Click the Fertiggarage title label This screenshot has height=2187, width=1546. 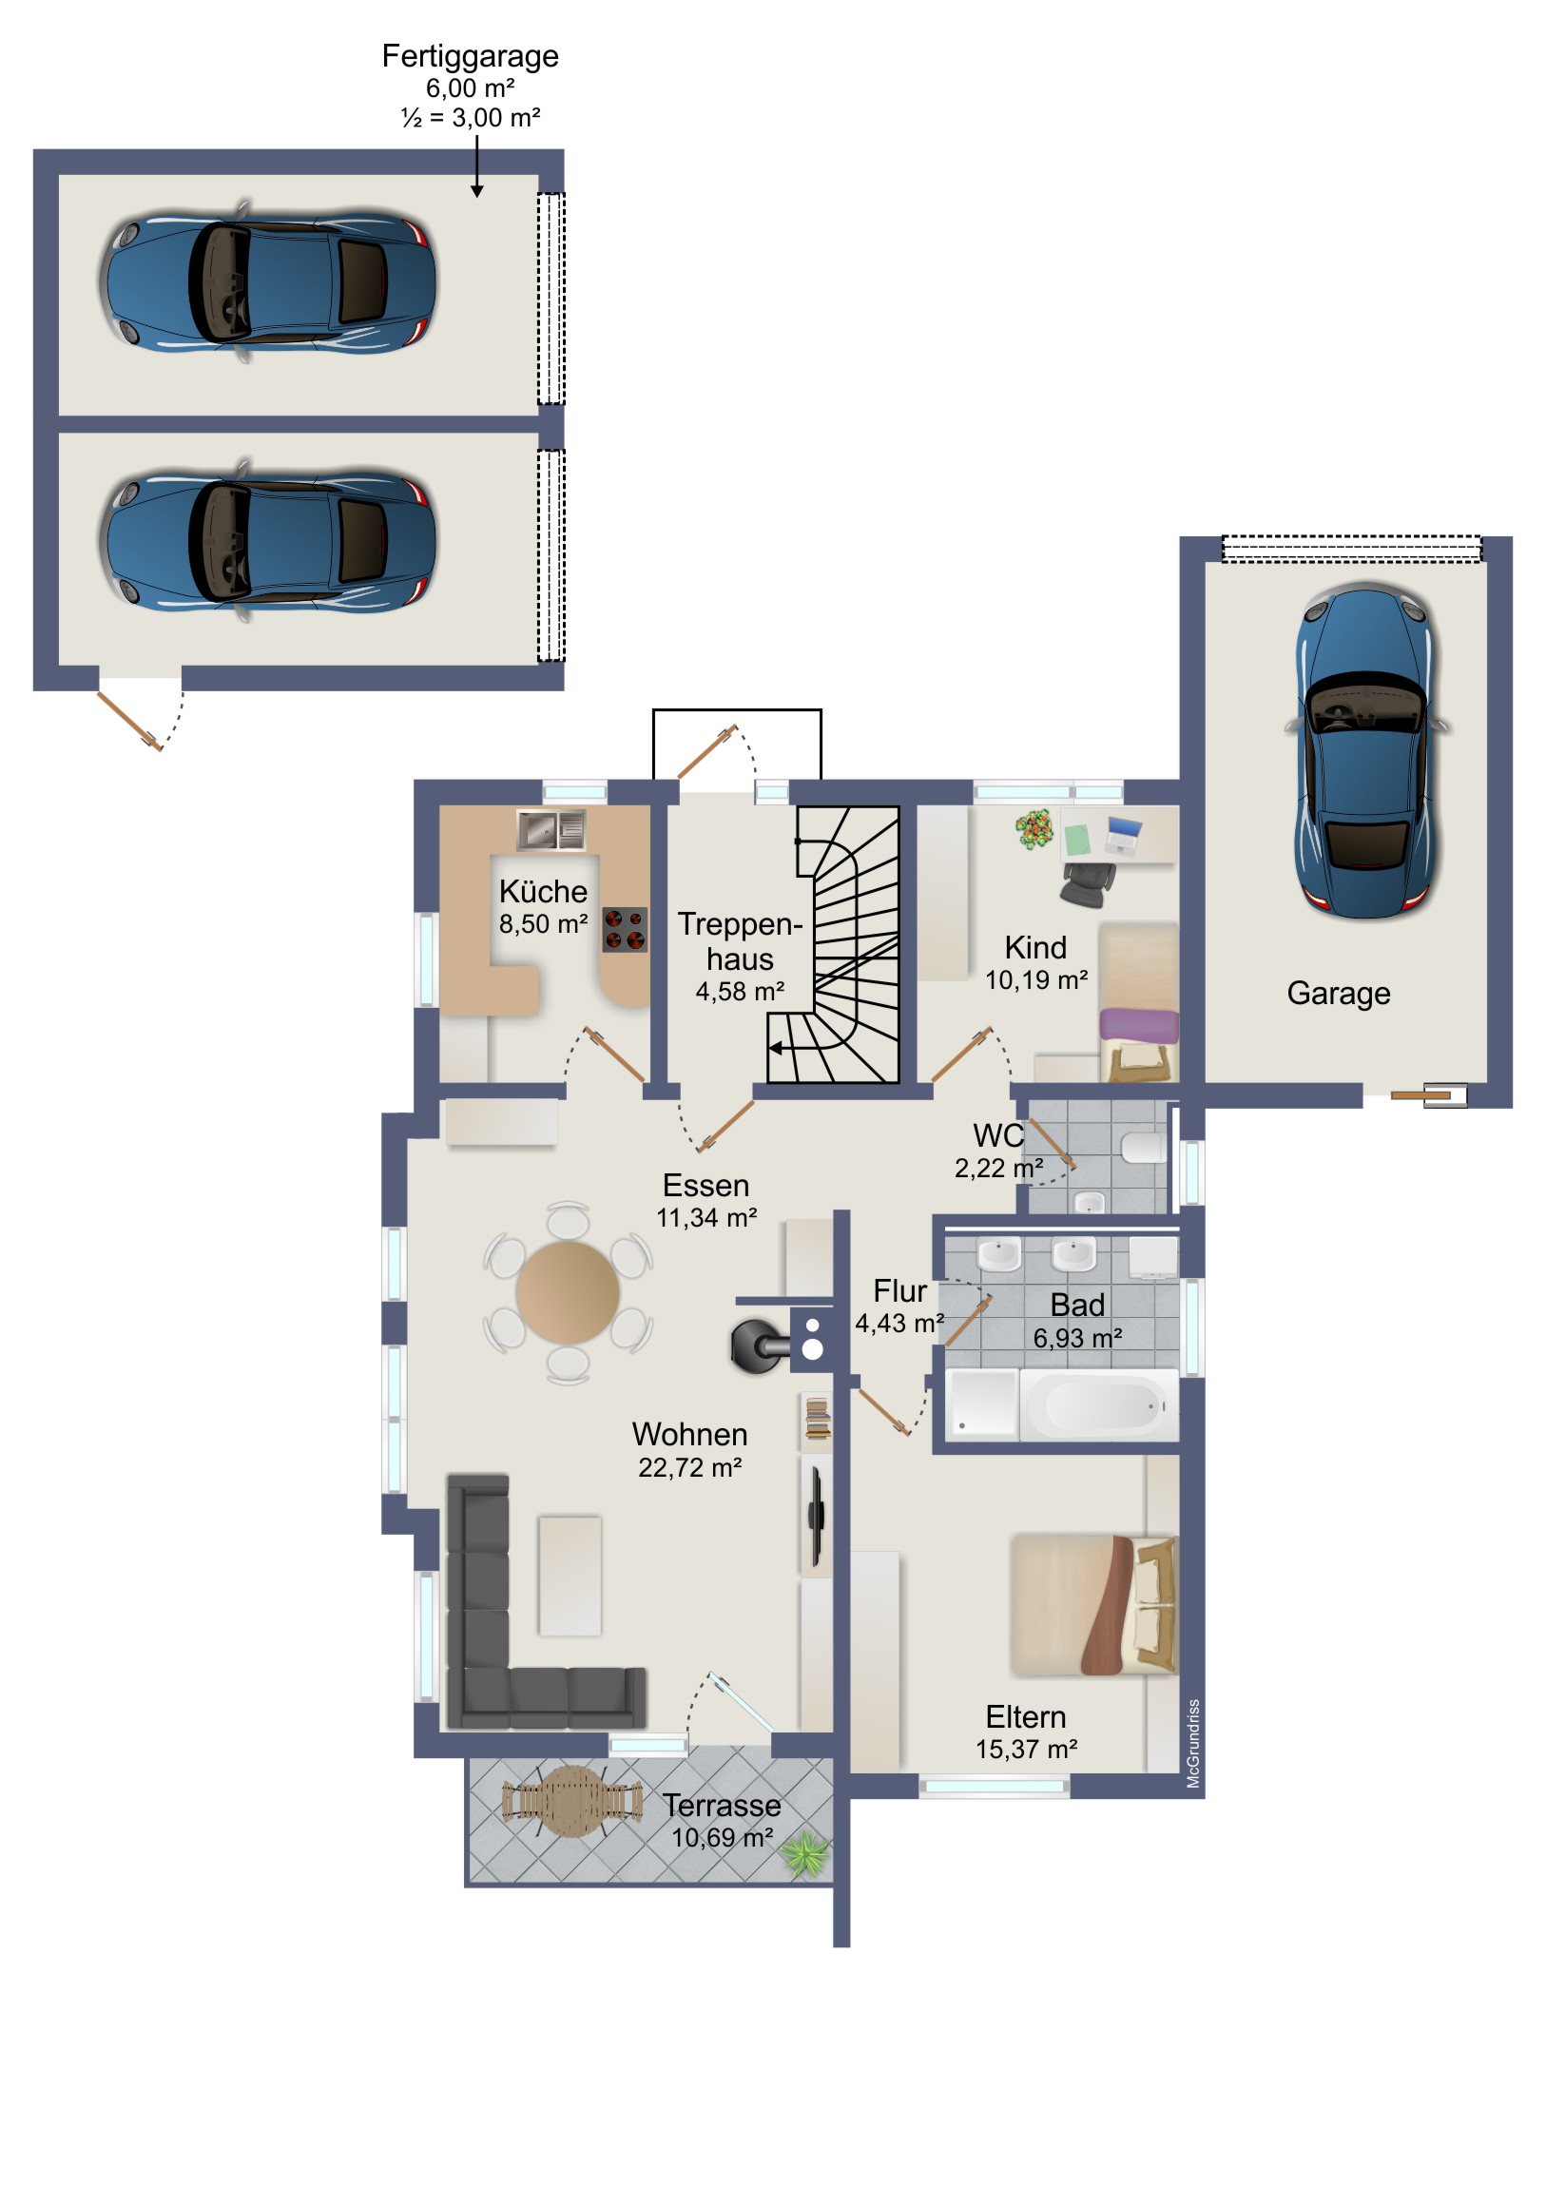point(470,56)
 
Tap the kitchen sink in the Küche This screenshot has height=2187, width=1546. point(551,830)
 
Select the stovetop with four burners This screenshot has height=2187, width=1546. point(625,930)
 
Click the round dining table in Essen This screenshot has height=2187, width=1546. point(568,1292)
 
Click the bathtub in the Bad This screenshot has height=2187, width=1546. point(1099,1405)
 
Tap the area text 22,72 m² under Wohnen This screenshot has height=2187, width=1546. point(689,1468)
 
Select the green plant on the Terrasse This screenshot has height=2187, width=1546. point(805,1854)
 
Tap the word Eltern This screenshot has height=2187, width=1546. point(1025,1717)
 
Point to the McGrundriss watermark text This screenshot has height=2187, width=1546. point(1193,1743)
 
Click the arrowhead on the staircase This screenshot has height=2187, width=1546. point(776,1048)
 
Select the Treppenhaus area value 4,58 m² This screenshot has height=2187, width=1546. point(739,992)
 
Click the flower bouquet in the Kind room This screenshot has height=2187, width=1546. point(1034,829)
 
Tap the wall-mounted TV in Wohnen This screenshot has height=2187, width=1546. point(816,1517)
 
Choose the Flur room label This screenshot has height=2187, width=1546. point(899,1290)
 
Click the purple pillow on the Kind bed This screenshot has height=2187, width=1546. point(1139,1026)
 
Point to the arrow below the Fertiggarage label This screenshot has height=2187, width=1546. point(476,165)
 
